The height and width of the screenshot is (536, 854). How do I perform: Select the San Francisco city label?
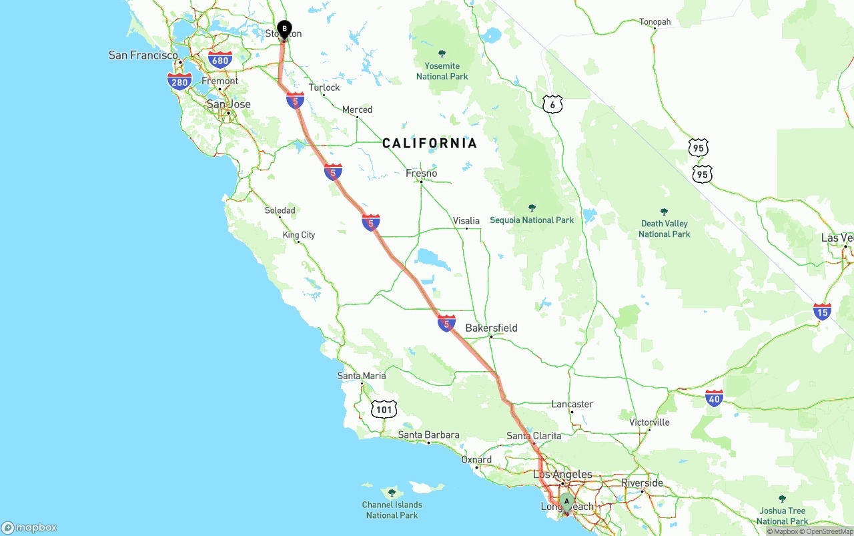coord(143,55)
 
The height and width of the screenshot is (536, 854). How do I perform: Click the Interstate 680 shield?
coord(220,60)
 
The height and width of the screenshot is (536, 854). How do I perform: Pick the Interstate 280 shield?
coord(179,82)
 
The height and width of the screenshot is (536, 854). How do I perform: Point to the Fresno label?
coord(422,174)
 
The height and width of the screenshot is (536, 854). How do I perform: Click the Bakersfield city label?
coord(491,328)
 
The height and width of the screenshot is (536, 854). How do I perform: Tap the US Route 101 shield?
coord(384,409)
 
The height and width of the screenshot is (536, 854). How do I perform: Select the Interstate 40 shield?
coord(714,398)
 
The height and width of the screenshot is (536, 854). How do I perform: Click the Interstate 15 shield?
coord(822,311)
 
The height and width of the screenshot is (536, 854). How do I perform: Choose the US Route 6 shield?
coord(552,104)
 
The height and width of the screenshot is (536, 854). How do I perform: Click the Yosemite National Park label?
coord(442,71)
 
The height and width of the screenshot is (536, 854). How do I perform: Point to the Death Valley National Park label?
coord(664,228)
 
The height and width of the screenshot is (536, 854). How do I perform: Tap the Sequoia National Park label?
coord(532,220)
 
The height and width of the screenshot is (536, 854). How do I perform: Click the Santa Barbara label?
coord(428,435)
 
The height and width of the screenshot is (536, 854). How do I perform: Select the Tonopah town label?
coord(655,22)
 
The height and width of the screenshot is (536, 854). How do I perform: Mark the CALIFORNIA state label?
coord(430,143)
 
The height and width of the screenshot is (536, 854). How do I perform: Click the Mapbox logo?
coord(29,527)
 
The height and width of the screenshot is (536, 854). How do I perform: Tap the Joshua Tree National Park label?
coord(782,515)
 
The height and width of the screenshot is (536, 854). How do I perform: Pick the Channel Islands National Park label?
coord(392,509)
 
